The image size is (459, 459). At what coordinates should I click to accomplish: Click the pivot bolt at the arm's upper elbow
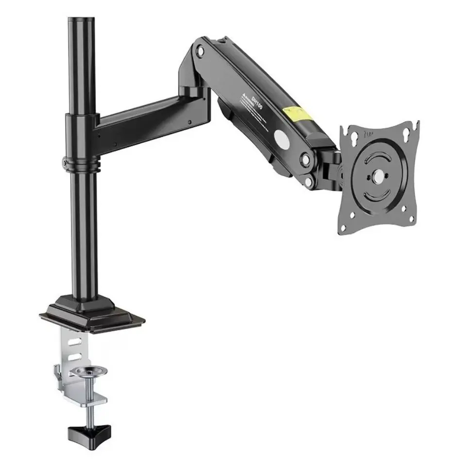coord(199,49)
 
